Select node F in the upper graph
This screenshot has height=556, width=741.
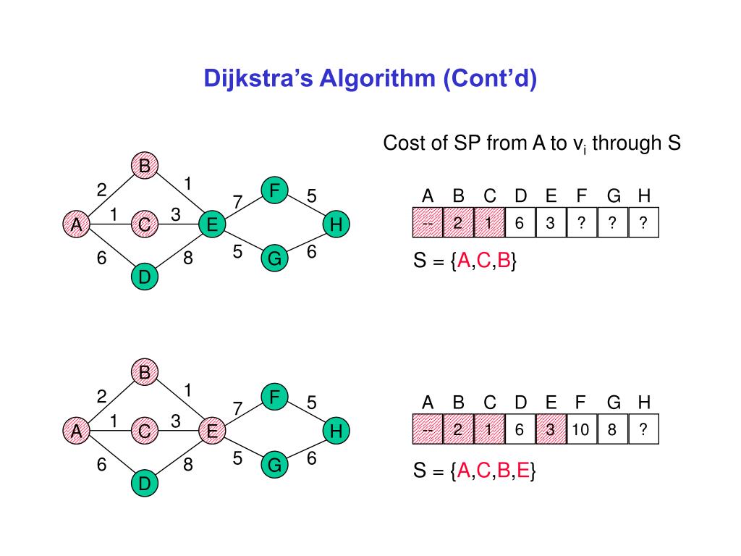tap(275, 191)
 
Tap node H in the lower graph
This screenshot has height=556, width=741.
tap(335, 431)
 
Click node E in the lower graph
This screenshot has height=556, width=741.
tap(212, 431)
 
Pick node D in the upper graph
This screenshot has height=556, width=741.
tap(145, 276)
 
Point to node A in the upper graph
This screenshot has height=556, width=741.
tap(76, 225)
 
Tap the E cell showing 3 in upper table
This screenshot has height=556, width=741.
tap(551, 223)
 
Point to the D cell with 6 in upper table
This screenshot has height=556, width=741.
tap(520, 223)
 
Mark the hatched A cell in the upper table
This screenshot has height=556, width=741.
tap(428, 223)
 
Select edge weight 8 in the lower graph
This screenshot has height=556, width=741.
tap(187, 464)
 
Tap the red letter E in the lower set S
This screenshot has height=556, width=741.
tap(523, 472)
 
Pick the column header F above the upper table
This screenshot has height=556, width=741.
tap(582, 196)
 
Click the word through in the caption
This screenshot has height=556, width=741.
tap(623, 143)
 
